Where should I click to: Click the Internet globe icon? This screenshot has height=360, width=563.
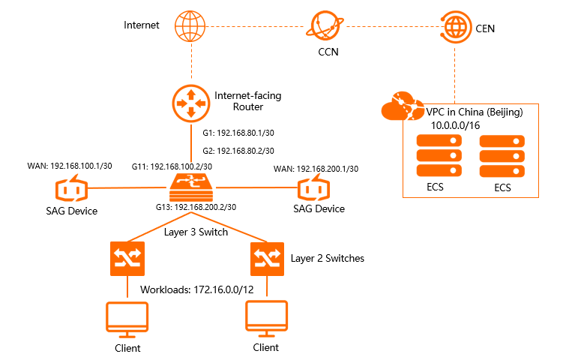(x=190, y=27)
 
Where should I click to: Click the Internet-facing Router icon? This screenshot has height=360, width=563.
(x=190, y=103)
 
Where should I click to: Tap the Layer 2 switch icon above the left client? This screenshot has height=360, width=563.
(x=123, y=257)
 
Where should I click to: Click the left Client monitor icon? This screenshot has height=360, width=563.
(x=123, y=319)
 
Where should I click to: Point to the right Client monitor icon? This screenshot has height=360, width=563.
(x=265, y=319)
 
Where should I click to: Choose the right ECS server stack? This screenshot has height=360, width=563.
(x=502, y=157)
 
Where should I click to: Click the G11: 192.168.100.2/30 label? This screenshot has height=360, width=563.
(x=172, y=166)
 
